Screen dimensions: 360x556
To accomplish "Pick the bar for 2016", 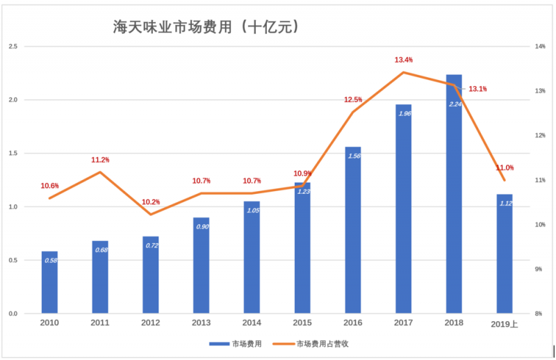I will click(353, 229).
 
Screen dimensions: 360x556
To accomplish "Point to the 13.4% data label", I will click(404, 60).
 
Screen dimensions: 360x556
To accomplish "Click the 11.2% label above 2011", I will click(100, 160).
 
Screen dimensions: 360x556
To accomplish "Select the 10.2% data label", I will click(151, 202).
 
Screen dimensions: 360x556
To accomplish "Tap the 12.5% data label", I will click(353, 100).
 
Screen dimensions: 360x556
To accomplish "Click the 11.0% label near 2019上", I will click(505, 167).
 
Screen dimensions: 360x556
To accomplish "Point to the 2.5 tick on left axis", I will click(13, 47).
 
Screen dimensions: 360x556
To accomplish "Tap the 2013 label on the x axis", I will click(202, 323).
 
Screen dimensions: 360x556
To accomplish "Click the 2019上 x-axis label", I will click(504, 324).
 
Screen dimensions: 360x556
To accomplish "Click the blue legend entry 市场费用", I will click(236, 344).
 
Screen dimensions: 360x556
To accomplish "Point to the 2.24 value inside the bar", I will click(455, 104).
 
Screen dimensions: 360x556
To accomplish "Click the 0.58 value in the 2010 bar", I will click(50, 261).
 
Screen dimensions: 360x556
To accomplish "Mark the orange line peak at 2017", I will click(404, 72).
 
